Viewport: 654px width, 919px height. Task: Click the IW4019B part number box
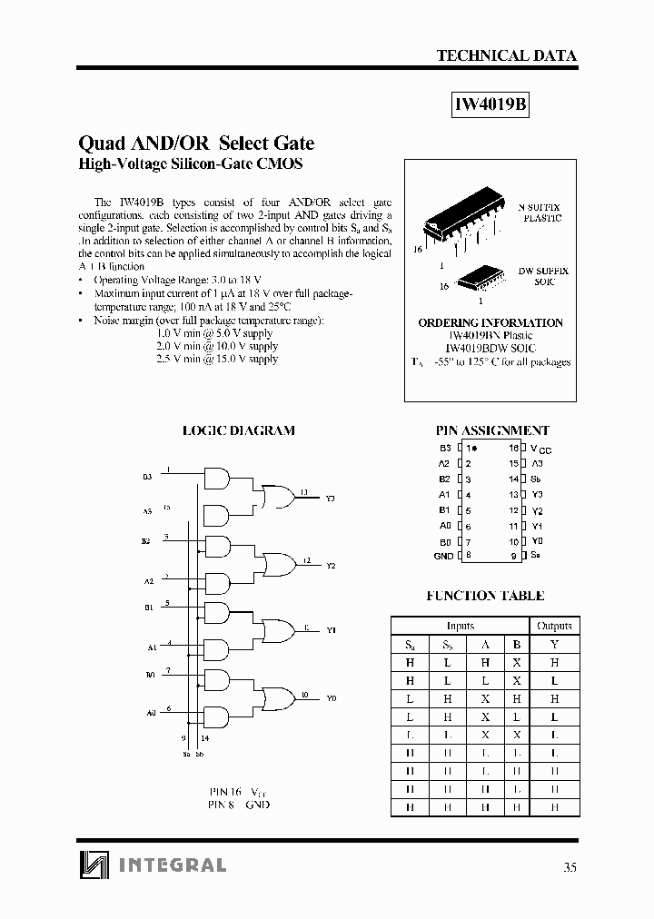pos(490,104)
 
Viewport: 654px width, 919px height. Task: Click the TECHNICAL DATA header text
pos(506,55)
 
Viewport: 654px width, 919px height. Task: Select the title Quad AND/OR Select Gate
pos(197,143)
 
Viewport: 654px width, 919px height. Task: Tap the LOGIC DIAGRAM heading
pos(239,430)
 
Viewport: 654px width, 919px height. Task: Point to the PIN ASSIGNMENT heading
pos(492,430)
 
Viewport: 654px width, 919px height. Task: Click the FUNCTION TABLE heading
pos(485,596)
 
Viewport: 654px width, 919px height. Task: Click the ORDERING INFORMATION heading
pos(490,322)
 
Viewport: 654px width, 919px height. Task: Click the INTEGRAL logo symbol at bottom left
pos(92,865)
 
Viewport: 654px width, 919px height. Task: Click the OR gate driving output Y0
pos(276,697)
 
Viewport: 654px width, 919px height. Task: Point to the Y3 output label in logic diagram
pos(330,499)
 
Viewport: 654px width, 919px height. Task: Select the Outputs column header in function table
pos(554,626)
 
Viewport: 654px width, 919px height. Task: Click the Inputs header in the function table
pos(461,626)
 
